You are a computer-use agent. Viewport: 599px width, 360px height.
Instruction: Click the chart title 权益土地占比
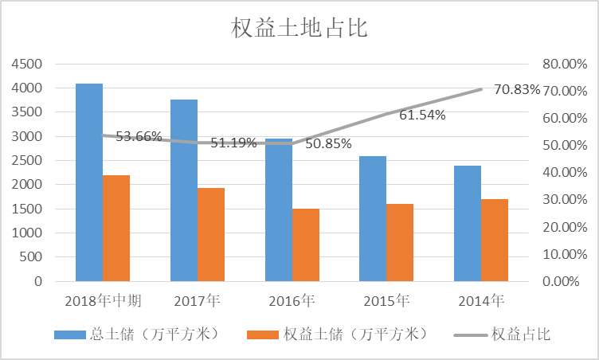point(299,29)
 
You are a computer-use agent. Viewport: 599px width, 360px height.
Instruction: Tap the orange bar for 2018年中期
point(116,228)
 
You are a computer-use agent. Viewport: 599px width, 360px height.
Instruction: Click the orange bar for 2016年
point(306,245)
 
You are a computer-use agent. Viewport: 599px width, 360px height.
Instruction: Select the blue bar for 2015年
point(373,218)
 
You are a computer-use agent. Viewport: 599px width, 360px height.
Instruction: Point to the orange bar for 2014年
point(495,240)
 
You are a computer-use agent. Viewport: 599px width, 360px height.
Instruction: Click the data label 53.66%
point(139,136)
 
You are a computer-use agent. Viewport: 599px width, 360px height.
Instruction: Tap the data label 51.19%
point(233,143)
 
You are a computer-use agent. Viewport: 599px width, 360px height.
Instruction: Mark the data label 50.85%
point(328,144)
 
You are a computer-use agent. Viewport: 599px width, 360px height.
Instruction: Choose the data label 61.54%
point(422,115)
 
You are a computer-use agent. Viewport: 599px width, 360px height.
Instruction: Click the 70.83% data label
point(517,89)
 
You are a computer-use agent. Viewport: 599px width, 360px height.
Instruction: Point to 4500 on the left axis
point(28,64)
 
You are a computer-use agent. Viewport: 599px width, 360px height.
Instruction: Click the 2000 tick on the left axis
point(28,185)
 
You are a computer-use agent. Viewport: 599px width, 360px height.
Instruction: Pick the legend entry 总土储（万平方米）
point(136,334)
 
